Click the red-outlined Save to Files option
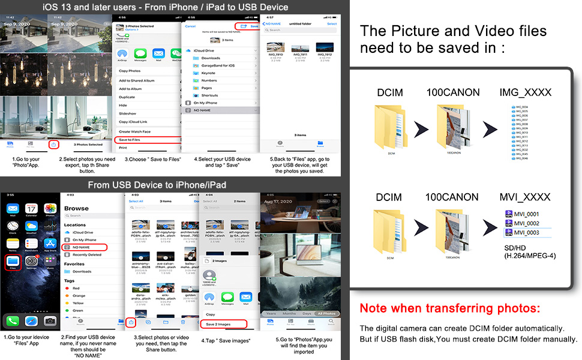coord(146,140)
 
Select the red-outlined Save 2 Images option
coord(223,324)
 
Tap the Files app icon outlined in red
coord(12,263)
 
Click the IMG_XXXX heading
coord(525,92)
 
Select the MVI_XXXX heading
coord(526,197)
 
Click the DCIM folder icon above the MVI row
coord(390,231)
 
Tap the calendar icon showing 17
coord(31,209)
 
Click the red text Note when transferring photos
coord(449,309)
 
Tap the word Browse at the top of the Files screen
coord(76,208)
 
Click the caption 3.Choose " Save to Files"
coord(148,160)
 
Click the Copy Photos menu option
coord(131,71)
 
